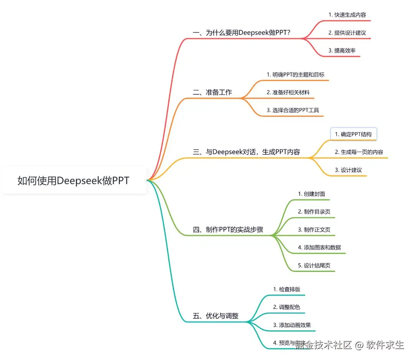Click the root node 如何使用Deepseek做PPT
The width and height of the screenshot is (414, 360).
[x=74, y=180]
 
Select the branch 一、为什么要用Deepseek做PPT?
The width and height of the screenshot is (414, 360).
[x=242, y=33]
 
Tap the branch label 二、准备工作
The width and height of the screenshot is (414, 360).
[x=212, y=92]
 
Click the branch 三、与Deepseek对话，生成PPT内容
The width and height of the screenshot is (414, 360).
[x=246, y=152]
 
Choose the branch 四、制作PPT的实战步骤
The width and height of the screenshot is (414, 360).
[x=228, y=230]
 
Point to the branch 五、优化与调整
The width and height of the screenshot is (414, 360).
[x=215, y=316]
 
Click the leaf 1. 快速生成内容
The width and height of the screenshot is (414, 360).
[x=347, y=15]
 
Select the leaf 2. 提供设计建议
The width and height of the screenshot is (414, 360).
[x=347, y=33]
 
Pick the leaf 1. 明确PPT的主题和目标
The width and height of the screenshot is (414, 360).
[x=296, y=74]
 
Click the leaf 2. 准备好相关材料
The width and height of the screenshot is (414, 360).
[x=288, y=92]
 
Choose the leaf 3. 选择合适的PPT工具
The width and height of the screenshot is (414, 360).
[x=293, y=110]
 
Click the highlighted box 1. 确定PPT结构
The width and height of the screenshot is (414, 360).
[x=353, y=134]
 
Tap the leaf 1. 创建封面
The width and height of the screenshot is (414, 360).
[x=311, y=194]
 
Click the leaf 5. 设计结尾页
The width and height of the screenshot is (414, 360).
[x=314, y=265]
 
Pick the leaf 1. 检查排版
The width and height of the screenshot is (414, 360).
[x=284, y=289]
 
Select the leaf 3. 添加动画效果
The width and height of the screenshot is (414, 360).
[x=292, y=325]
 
